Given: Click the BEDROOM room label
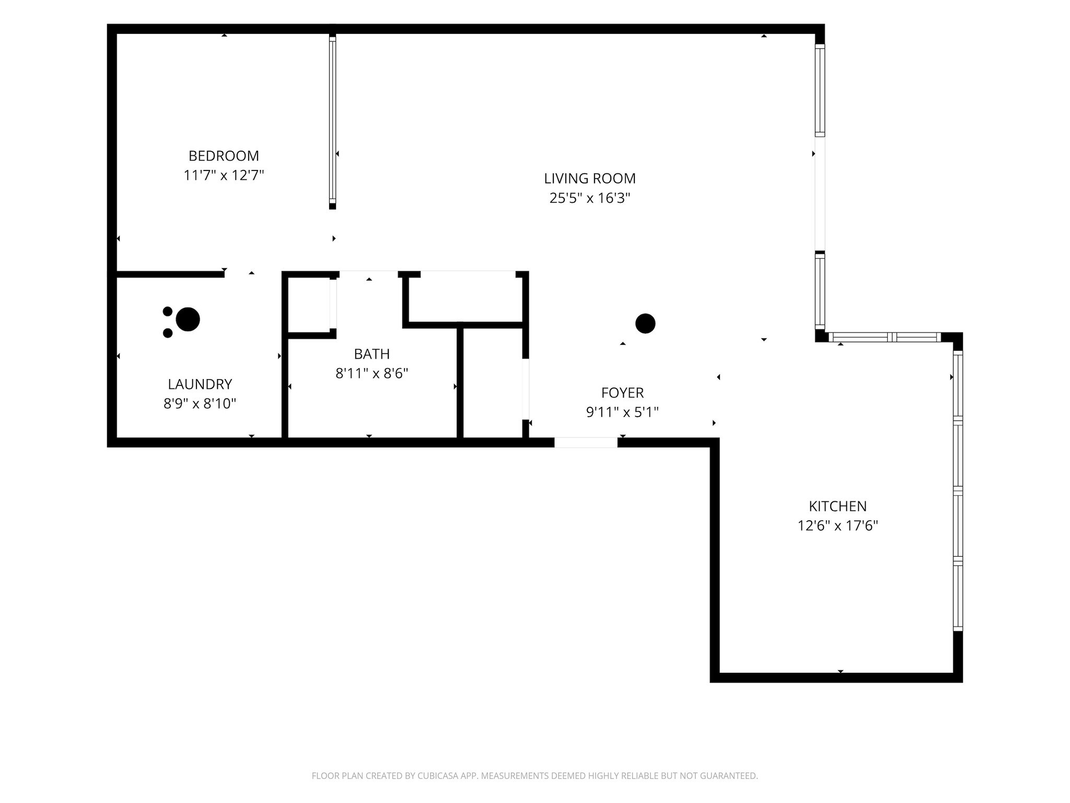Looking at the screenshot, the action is (x=224, y=156).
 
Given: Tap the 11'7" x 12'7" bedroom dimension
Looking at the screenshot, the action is (x=224, y=175).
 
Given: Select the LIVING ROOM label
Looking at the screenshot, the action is (x=590, y=178).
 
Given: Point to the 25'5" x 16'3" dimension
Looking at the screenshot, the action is (x=590, y=198).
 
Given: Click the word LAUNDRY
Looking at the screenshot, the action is (x=200, y=384).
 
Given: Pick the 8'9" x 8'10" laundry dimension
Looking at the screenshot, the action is (x=200, y=404).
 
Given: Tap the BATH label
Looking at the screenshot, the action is (x=372, y=354).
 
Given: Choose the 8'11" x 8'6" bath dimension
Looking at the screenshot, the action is (x=372, y=373).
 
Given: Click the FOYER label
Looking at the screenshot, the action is (x=622, y=393).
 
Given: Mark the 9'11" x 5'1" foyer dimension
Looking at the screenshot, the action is (x=622, y=412).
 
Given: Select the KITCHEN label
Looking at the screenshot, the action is (x=838, y=506).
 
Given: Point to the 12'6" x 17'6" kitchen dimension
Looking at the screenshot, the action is (x=838, y=525).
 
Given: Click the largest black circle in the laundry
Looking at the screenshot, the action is (x=188, y=319).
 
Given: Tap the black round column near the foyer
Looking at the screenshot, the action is (x=645, y=324).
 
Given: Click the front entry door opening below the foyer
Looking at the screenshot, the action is (x=586, y=442).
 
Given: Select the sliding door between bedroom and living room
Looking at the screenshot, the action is (x=332, y=121).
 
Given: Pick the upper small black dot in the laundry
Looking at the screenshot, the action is (x=168, y=312).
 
